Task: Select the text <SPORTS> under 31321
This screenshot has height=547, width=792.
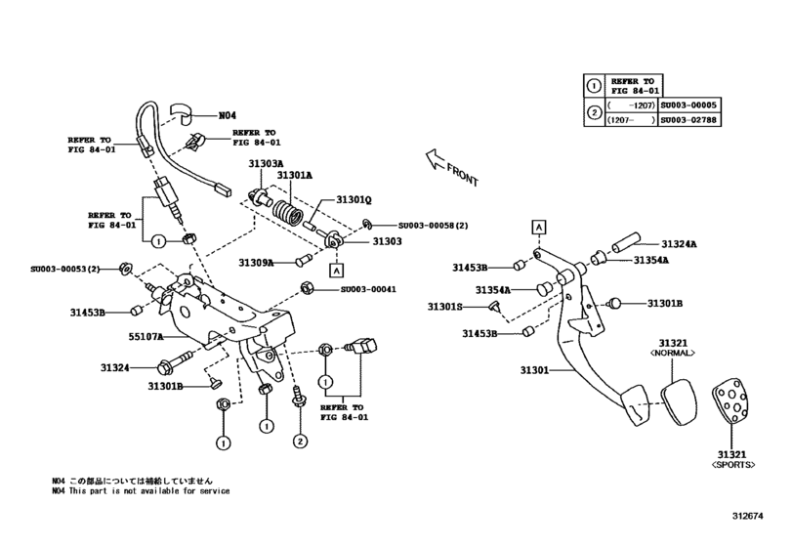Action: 734,464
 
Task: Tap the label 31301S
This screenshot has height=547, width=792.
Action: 447,307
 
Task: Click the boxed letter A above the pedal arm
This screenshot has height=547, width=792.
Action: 537,226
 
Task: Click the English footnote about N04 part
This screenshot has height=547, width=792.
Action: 142,491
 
